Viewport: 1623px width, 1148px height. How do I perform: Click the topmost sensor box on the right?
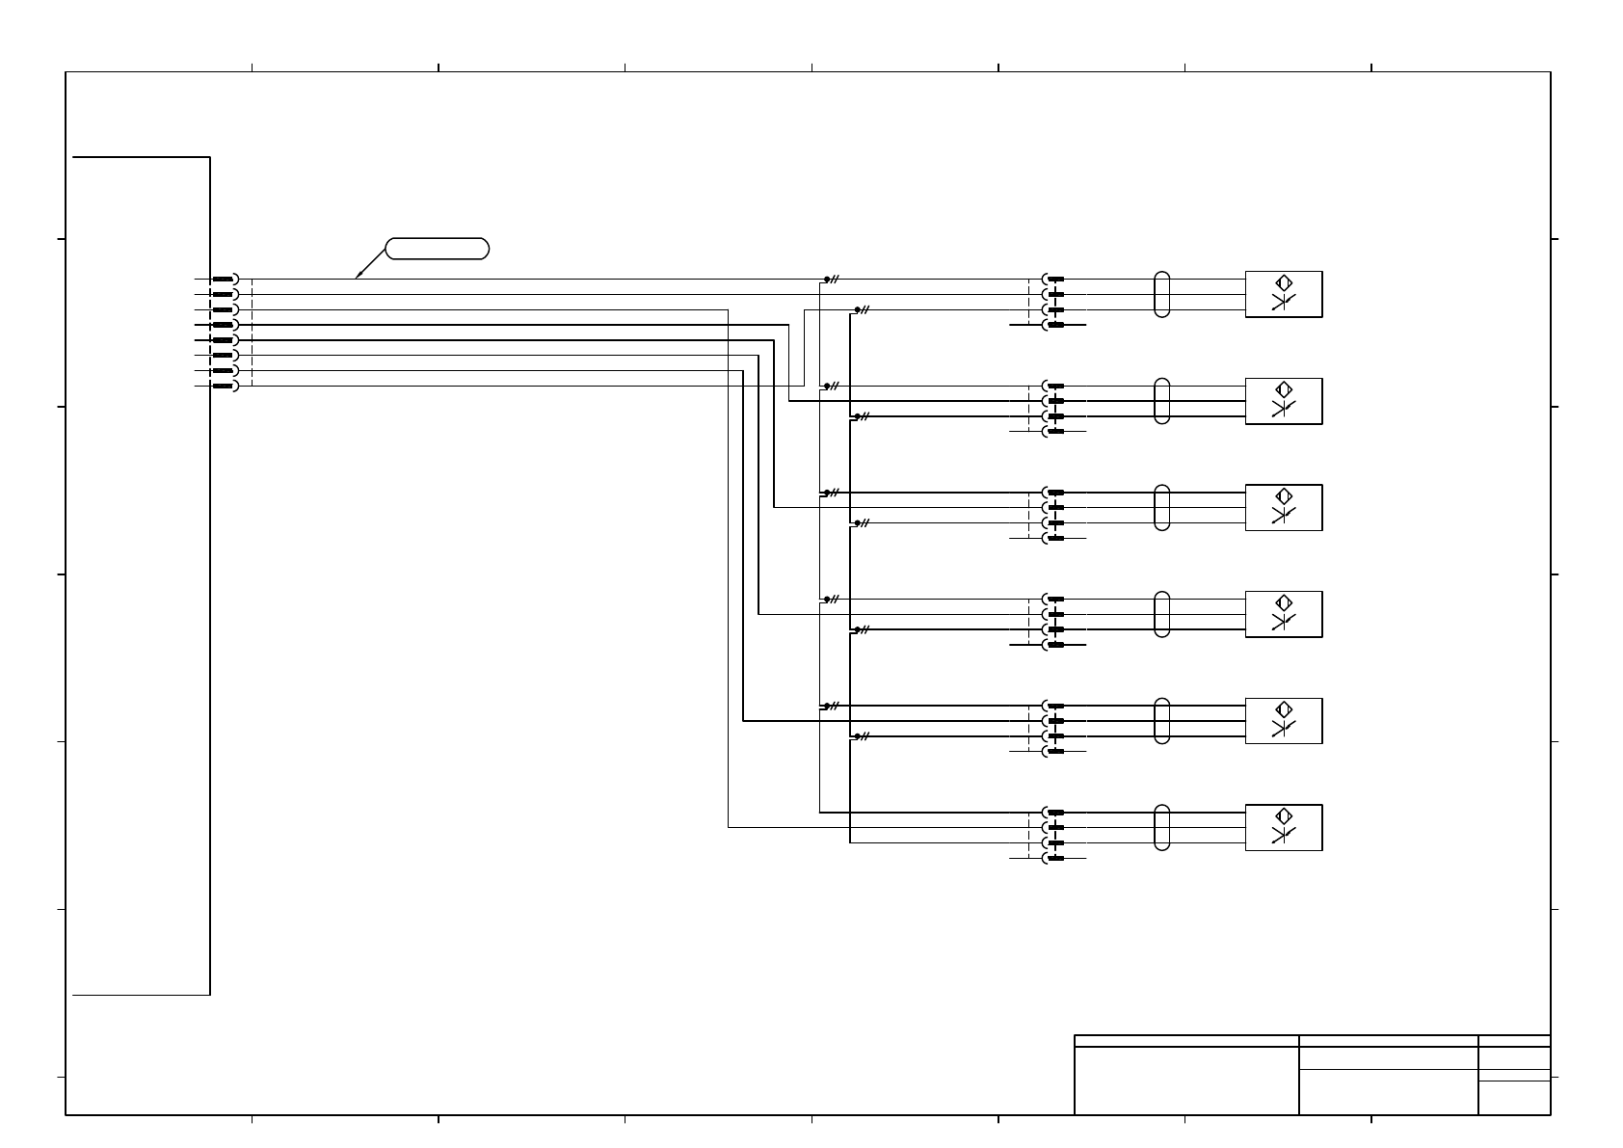1283,294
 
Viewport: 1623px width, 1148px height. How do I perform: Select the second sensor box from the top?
1283,401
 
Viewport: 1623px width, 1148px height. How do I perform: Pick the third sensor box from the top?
1283,508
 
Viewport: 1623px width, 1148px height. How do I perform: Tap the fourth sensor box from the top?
1283,614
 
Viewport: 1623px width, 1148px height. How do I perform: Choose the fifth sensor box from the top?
1283,721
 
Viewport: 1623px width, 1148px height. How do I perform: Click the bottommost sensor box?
1283,827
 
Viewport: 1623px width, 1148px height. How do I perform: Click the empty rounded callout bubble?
437,249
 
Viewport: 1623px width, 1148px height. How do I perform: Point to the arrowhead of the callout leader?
358,278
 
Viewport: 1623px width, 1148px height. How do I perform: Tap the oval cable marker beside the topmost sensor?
1161,294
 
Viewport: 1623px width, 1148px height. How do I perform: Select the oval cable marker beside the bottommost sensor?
1161,827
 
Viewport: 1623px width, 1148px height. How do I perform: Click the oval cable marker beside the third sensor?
1161,508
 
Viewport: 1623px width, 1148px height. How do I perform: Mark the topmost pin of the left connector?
224,279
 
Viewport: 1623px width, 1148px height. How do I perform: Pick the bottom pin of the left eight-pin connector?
224,387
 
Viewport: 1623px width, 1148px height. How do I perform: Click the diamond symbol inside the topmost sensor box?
1283,283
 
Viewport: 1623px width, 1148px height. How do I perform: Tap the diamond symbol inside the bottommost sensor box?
1283,816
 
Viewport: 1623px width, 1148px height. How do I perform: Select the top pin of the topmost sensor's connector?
1055,279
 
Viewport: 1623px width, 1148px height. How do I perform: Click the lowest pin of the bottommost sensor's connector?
1055,858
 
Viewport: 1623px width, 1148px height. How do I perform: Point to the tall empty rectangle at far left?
141,574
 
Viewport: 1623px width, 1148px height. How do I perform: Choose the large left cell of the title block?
1186,1080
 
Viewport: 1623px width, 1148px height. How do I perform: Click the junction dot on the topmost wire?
826,279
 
